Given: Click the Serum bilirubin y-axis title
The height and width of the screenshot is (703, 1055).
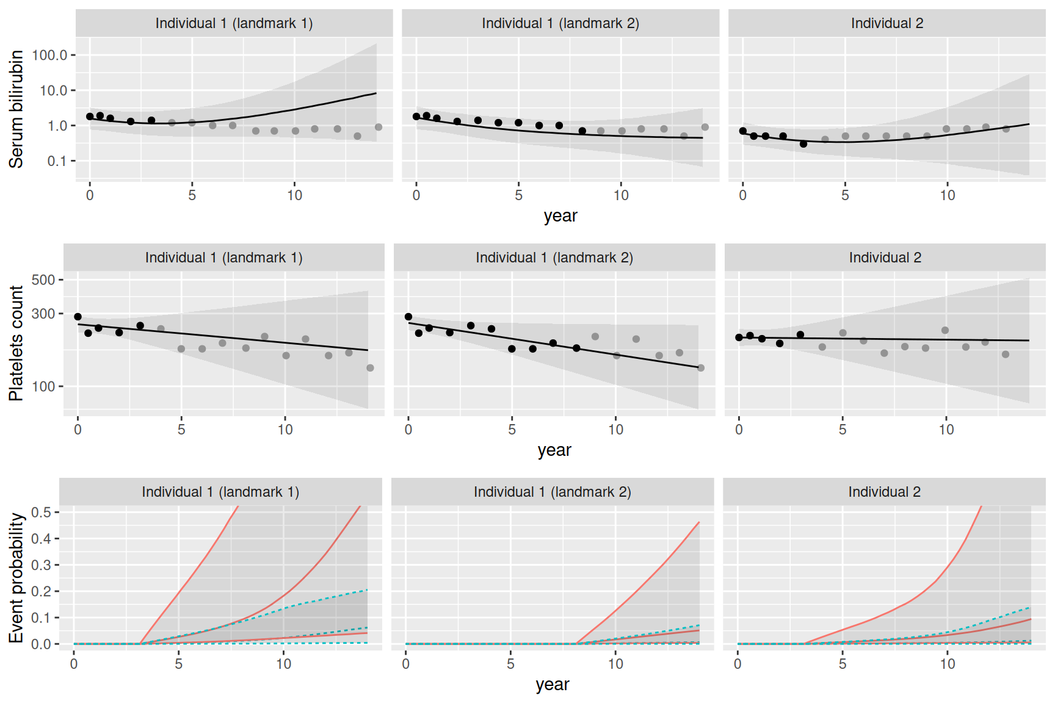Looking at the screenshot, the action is [x=16, y=109].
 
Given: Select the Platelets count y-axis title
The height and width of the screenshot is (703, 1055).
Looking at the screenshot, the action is [x=16, y=343].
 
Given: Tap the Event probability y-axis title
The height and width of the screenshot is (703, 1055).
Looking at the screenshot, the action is [x=16, y=577].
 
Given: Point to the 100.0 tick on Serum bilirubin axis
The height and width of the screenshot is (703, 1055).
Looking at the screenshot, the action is [x=49, y=55].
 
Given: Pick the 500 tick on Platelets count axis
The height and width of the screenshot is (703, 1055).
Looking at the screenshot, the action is [x=43, y=280].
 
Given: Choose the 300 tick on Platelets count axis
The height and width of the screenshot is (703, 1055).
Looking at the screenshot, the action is [x=43, y=314].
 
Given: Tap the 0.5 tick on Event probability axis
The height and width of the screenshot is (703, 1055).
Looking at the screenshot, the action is [x=41, y=512].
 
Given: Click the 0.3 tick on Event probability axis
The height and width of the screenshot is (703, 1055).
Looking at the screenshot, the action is [x=41, y=565].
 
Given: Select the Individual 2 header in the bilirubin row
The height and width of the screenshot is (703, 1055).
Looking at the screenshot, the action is [x=887, y=23].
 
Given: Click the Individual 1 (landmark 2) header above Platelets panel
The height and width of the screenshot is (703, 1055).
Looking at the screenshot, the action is [x=554, y=258].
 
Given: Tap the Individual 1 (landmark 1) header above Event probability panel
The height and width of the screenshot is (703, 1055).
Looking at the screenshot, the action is [x=220, y=492].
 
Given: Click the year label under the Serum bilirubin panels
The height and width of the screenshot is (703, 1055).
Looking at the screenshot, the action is [x=560, y=216].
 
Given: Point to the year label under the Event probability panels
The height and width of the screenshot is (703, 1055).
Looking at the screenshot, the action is [x=553, y=685].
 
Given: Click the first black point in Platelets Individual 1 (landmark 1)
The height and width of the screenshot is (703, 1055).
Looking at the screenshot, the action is [x=78, y=317].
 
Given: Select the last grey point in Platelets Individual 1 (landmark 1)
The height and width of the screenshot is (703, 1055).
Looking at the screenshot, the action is [x=370, y=368].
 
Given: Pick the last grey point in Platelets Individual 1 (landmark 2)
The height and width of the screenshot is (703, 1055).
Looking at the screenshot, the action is [x=701, y=368].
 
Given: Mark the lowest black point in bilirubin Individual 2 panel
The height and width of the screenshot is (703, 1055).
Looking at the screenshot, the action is [x=803, y=144].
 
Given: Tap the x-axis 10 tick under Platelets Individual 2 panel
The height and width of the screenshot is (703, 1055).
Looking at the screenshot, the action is [x=946, y=430].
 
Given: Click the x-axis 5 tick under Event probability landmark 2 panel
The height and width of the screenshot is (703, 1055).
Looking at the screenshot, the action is [x=511, y=664].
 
